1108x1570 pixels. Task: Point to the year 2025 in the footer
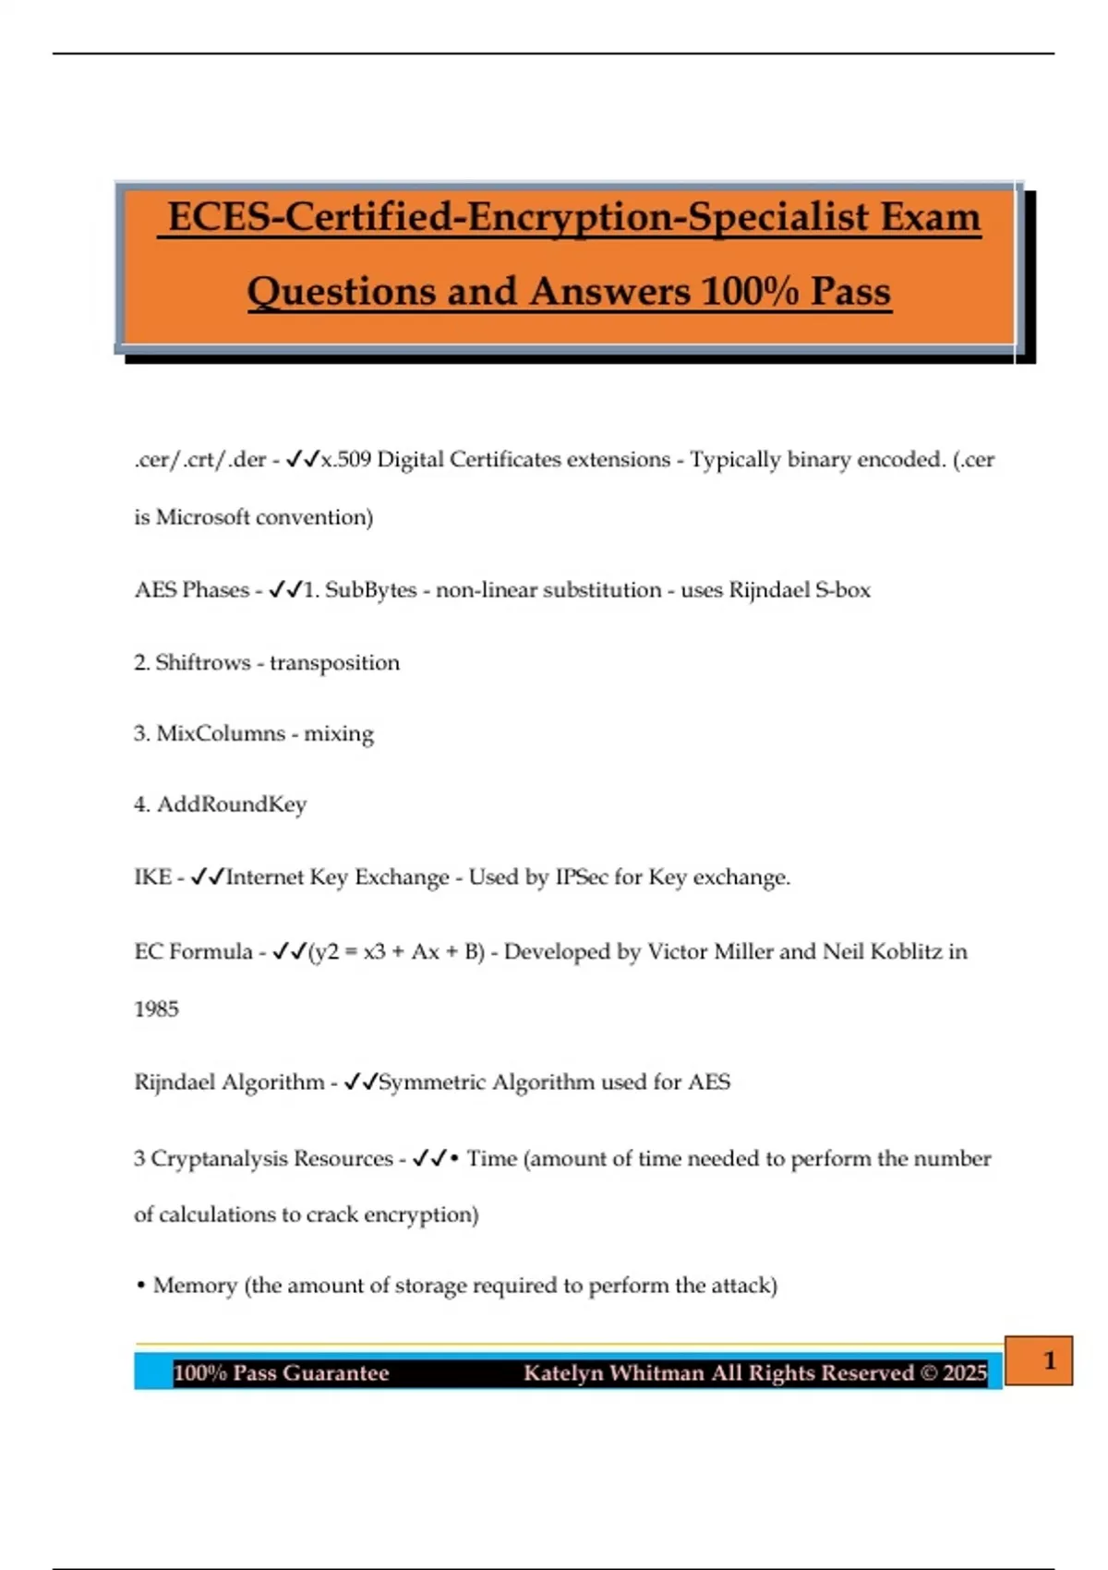tap(965, 1373)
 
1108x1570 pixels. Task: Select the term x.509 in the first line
tap(345, 459)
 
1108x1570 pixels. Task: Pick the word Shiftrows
tap(202, 662)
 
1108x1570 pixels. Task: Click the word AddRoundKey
tap(232, 804)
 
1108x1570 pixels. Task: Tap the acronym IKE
tap(152, 877)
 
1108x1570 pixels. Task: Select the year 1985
tap(156, 1008)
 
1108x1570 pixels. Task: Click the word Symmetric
tap(432, 1081)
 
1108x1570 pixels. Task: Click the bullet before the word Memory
tap(140, 1286)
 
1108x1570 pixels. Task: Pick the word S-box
tap(843, 590)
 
